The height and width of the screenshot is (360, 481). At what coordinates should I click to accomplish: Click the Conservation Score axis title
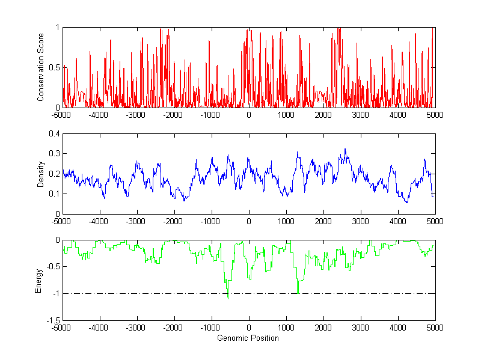tap(40, 67)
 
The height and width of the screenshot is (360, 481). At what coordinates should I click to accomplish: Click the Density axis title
tap(40, 174)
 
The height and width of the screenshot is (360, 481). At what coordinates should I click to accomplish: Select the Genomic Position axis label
tap(248, 338)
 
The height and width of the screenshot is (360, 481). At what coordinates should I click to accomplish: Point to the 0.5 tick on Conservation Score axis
tap(55, 67)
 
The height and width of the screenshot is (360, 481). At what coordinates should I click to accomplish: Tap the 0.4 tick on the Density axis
tap(55, 134)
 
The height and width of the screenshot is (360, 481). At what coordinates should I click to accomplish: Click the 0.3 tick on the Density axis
tap(55, 154)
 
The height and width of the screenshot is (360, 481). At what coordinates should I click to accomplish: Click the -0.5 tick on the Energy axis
tap(54, 267)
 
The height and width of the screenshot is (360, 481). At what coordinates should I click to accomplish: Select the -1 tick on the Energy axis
tap(56, 294)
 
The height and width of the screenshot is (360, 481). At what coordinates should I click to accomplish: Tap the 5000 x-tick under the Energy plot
tap(435, 328)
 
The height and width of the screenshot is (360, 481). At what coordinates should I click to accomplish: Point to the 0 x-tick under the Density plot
tap(248, 221)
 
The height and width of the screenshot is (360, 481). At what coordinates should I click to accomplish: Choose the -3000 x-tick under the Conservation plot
tap(136, 115)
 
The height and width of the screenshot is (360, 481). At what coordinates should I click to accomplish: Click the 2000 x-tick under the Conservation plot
tap(323, 115)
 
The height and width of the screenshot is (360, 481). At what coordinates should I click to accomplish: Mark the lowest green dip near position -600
tap(227, 297)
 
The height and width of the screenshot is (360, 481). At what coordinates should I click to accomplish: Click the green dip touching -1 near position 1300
tap(298, 293)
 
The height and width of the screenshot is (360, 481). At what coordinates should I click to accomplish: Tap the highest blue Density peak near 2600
tap(345, 149)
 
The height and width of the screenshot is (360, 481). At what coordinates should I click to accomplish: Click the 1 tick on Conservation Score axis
tap(58, 28)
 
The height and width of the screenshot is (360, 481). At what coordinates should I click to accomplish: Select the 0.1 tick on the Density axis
tap(55, 194)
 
